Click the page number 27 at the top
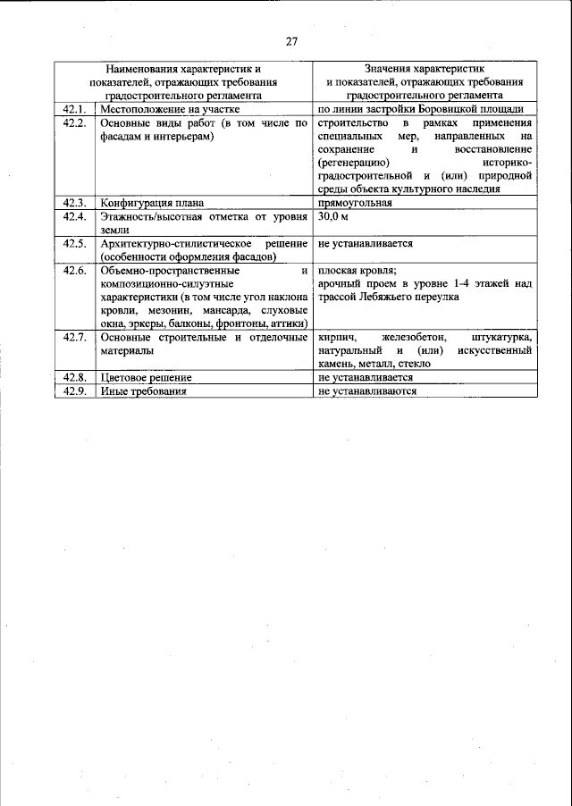point(291,41)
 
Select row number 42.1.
point(74,109)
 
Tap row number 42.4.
point(74,216)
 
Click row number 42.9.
point(74,391)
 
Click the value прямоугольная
point(355,202)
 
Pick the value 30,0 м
point(333,216)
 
